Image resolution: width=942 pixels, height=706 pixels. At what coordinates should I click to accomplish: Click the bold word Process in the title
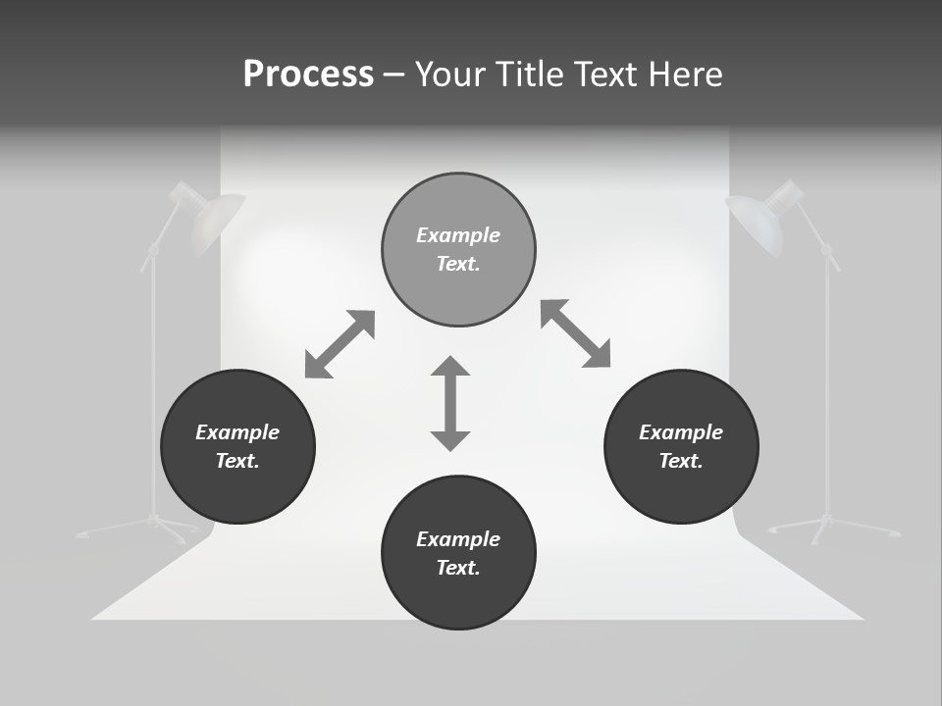[x=308, y=75]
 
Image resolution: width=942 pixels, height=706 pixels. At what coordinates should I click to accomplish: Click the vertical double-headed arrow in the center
[x=450, y=403]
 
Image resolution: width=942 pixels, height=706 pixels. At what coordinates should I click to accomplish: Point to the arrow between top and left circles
[x=340, y=344]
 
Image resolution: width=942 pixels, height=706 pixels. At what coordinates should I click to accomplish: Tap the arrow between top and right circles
[x=576, y=333]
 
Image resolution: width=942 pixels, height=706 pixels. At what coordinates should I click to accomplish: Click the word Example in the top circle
[x=458, y=235]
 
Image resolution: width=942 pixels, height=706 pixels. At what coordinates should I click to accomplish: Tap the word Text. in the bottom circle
[x=458, y=568]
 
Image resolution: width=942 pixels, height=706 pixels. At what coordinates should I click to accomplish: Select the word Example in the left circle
[x=237, y=432]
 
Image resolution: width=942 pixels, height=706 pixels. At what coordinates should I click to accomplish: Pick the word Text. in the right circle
[x=681, y=461]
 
